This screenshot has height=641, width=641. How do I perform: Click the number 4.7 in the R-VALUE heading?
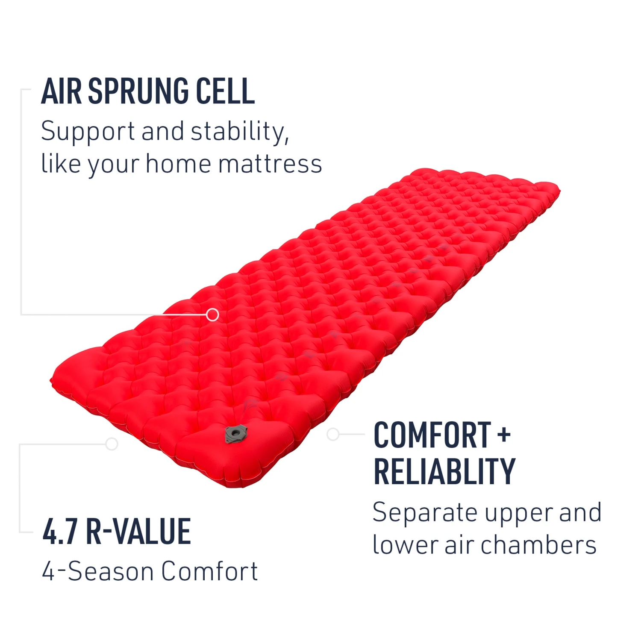click(x=60, y=532)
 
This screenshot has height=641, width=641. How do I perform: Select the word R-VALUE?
click(x=138, y=532)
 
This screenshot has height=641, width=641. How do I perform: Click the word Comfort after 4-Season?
click(x=209, y=571)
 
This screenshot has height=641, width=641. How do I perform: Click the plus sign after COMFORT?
click(x=504, y=435)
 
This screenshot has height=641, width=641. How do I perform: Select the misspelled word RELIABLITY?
click(x=444, y=472)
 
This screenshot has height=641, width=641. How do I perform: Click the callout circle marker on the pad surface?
click(x=212, y=315)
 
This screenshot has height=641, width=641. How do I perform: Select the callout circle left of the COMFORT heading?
click(x=333, y=435)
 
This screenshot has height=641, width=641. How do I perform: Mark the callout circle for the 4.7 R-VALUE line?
click(x=112, y=444)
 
